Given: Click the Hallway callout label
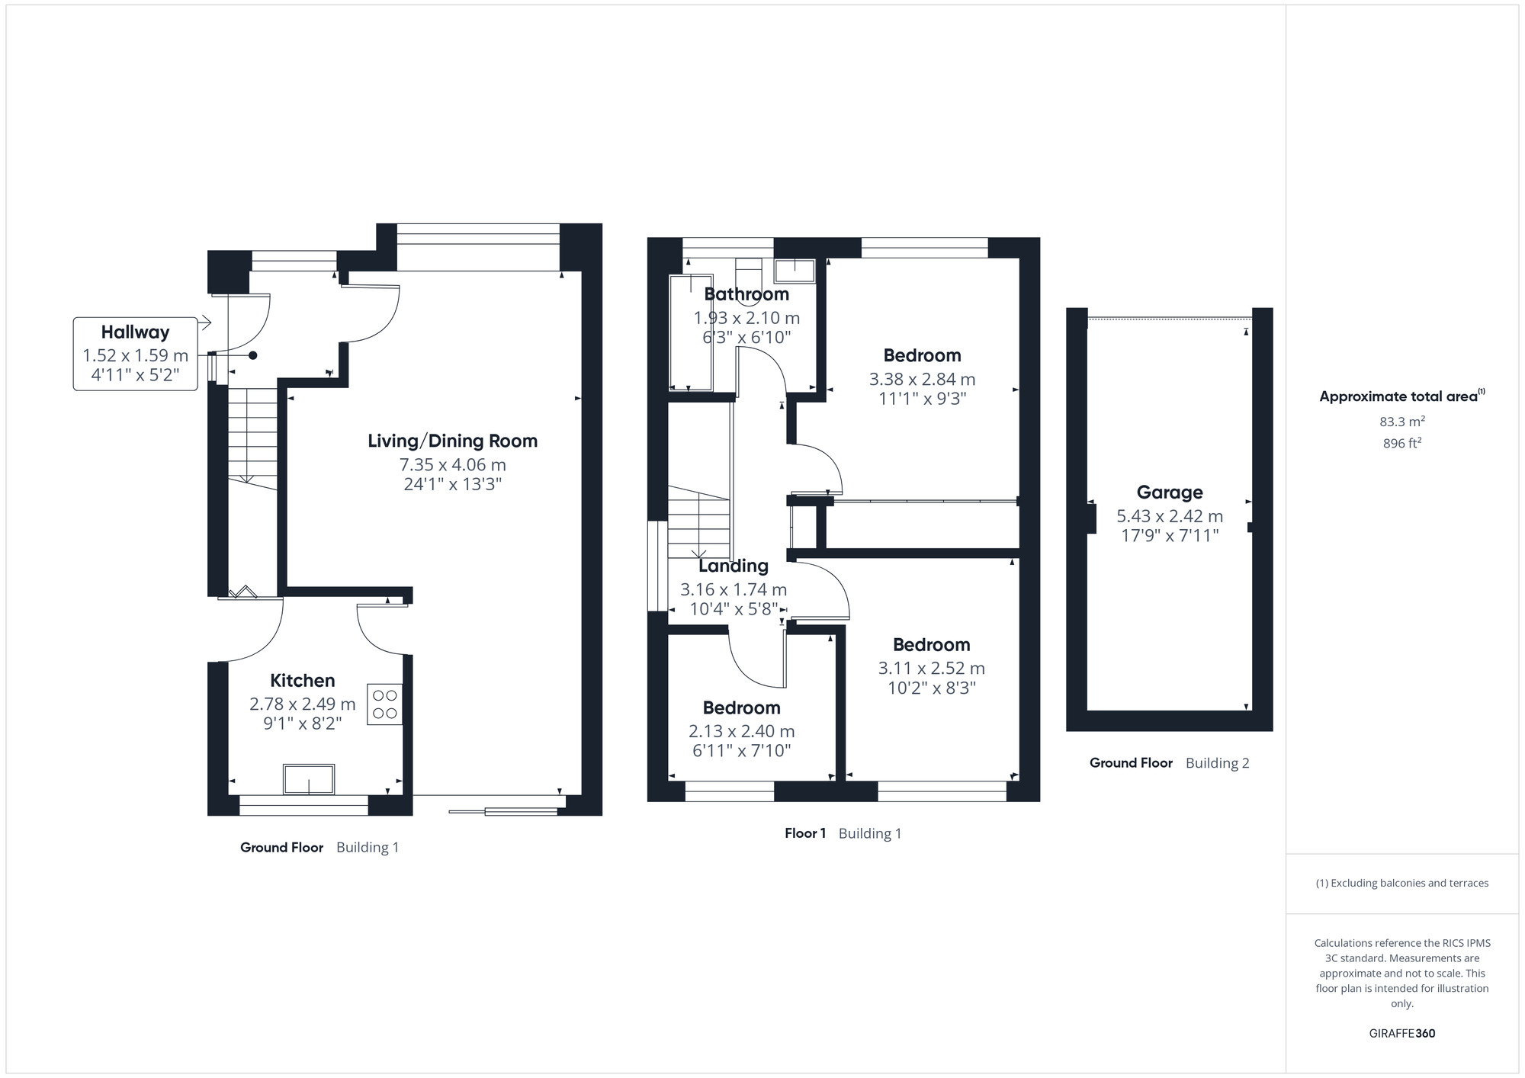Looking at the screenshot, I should coord(135,332).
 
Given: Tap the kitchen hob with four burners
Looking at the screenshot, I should coord(385,704).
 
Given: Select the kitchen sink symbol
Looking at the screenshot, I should coord(308,779).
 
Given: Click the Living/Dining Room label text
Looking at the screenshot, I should coord(452,441).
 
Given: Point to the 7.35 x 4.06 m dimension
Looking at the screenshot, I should coord(452,464).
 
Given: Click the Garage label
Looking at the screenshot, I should coord(1169,492).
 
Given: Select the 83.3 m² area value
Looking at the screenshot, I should coord(1401,421).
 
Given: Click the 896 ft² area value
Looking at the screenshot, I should coord(1401,443).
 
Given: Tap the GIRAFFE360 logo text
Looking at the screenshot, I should coord(1401,1034).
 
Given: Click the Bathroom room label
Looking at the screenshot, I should coord(746,294).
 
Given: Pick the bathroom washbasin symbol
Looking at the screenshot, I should coord(794,271).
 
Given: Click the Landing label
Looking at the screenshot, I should coord(733,566).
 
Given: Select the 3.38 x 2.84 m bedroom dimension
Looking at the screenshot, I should coord(922,379).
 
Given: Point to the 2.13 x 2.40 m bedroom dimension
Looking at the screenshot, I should coord(741,731).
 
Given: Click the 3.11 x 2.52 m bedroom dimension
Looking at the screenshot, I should coord(931,669).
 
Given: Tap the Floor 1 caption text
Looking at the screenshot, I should coord(804,833).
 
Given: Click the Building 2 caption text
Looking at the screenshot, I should coord(1217,763).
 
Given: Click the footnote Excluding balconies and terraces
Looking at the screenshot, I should coord(1401,883).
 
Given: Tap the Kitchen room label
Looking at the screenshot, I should coord(302,681).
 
